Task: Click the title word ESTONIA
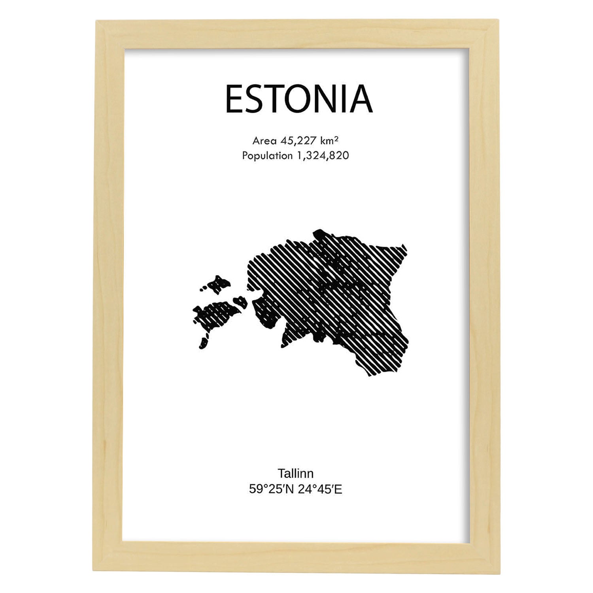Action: tap(298, 99)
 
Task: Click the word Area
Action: tap(264, 141)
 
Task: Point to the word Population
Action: tap(267, 156)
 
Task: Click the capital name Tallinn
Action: tap(295, 473)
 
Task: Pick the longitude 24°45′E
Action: tap(320, 489)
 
